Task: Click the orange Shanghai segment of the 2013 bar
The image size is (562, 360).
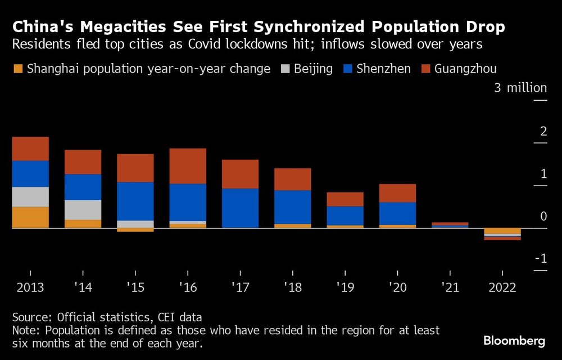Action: tap(30, 217)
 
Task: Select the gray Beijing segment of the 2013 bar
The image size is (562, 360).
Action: tap(30, 196)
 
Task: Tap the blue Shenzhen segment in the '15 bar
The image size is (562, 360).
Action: tap(135, 201)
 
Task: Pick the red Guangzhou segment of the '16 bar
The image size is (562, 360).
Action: tap(188, 166)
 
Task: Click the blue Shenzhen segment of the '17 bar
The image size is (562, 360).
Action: tap(241, 208)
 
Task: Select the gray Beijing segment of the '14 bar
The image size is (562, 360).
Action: tap(83, 210)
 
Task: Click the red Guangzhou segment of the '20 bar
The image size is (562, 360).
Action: tap(398, 193)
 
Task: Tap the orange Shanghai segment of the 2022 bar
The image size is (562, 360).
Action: tap(502, 231)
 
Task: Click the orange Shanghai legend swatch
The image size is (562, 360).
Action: tap(18, 69)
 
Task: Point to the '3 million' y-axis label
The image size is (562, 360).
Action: tap(520, 88)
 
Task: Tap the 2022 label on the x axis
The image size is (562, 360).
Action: tap(502, 287)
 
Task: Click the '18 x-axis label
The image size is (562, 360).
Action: tap(293, 287)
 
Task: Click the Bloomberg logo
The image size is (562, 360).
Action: tap(514, 341)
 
